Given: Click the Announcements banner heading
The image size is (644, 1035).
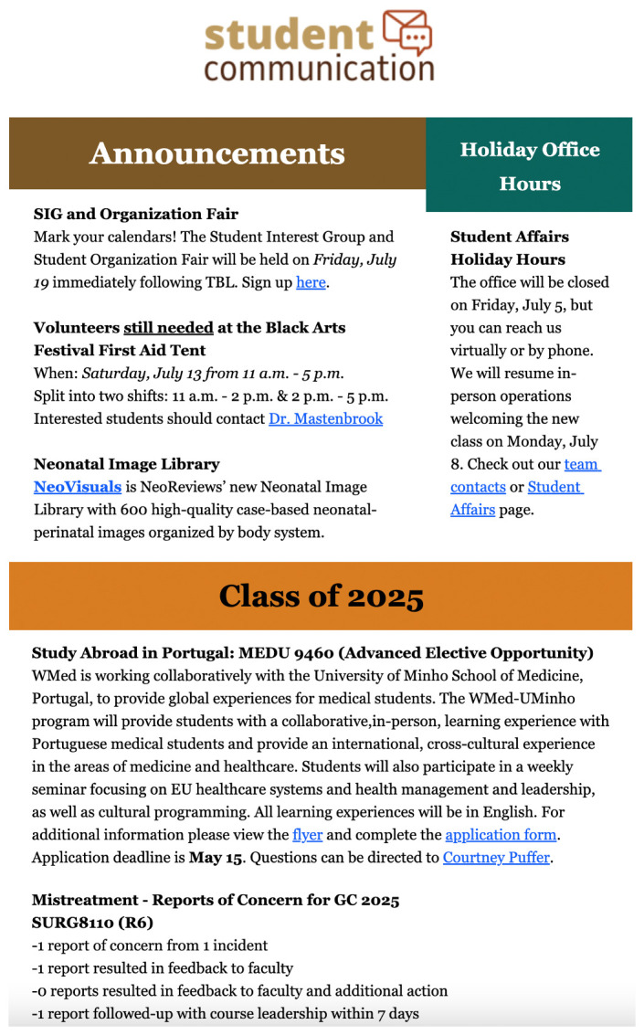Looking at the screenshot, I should (216, 153).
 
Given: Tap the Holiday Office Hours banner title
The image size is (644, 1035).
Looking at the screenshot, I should (529, 166).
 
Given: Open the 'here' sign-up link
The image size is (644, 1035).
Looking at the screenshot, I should (311, 282).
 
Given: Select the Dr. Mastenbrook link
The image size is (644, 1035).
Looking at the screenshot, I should (325, 418).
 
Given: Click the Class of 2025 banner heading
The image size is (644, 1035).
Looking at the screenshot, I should (321, 597).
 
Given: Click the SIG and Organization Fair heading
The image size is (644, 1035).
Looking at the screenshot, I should (135, 214).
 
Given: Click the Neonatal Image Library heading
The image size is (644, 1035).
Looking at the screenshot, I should (126, 464).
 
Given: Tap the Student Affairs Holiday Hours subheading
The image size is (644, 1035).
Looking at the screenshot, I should (508, 248).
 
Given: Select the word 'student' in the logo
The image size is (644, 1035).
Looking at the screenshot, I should (289, 35).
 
